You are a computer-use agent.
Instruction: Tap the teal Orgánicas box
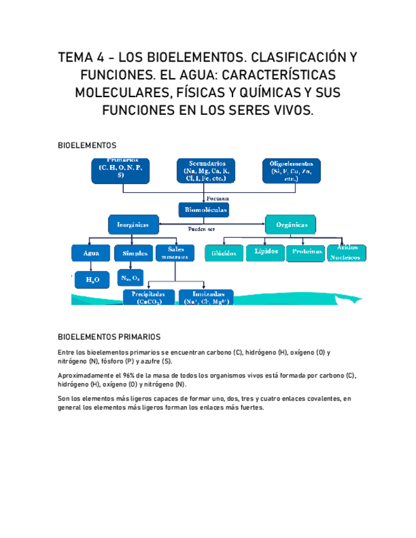click(x=290, y=225)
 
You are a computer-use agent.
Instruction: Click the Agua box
click(x=91, y=253)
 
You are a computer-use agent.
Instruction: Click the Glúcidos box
click(x=224, y=253)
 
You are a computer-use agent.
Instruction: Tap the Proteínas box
click(x=307, y=253)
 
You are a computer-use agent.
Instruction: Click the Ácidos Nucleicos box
click(x=347, y=252)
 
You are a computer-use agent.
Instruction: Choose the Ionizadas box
click(x=206, y=298)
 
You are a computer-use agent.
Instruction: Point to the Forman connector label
click(x=218, y=198)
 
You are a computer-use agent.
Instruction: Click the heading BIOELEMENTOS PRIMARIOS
click(x=109, y=337)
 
